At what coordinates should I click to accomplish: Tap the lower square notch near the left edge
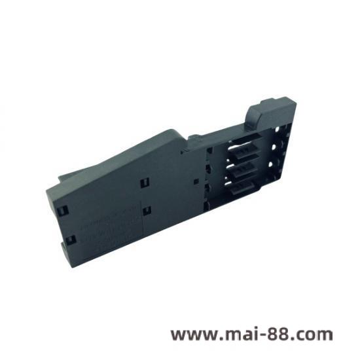[66, 243]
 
